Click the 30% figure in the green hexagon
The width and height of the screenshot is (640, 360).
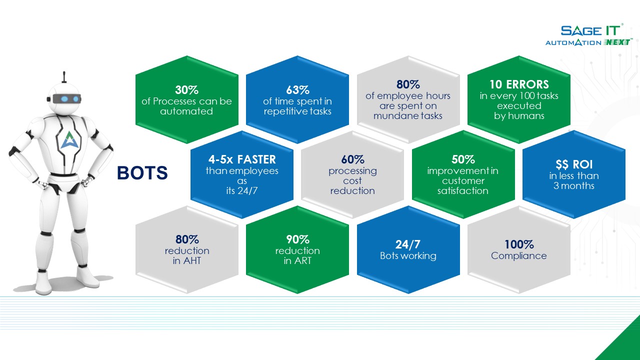pyautogui.click(x=186, y=90)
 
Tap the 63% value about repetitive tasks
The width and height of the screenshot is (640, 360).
pyautogui.click(x=297, y=90)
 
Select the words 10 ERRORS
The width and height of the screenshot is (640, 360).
pyautogui.click(x=519, y=84)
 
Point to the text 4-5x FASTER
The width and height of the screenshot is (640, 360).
pyautogui.click(x=242, y=159)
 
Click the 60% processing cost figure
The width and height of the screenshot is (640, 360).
pyautogui.click(x=352, y=159)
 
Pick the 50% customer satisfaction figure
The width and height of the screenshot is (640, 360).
pyautogui.click(x=463, y=159)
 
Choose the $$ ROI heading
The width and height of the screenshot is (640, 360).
pyautogui.click(x=573, y=164)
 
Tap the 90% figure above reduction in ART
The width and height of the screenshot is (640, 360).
pyautogui.click(x=297, y=239)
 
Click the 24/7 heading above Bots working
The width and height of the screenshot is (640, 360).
pyautogui.click(x=408, y=244)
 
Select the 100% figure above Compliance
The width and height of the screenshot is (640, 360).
pyautogui.click(x=519, y=244)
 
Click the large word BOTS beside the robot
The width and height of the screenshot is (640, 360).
pyautogui.click(x=142, y=173)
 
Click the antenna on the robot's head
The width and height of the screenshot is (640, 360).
pyautogui.click(x=64, y=78)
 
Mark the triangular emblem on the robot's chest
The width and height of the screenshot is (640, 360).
pyautogui.click(x=67, y=139)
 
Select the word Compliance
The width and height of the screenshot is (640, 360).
pyautogui.click(x=519, y=256)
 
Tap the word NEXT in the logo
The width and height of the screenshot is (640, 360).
pyautogui.click(x=617, y=42)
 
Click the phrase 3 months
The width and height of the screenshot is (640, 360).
pyautogui.click(x=573, y=185)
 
